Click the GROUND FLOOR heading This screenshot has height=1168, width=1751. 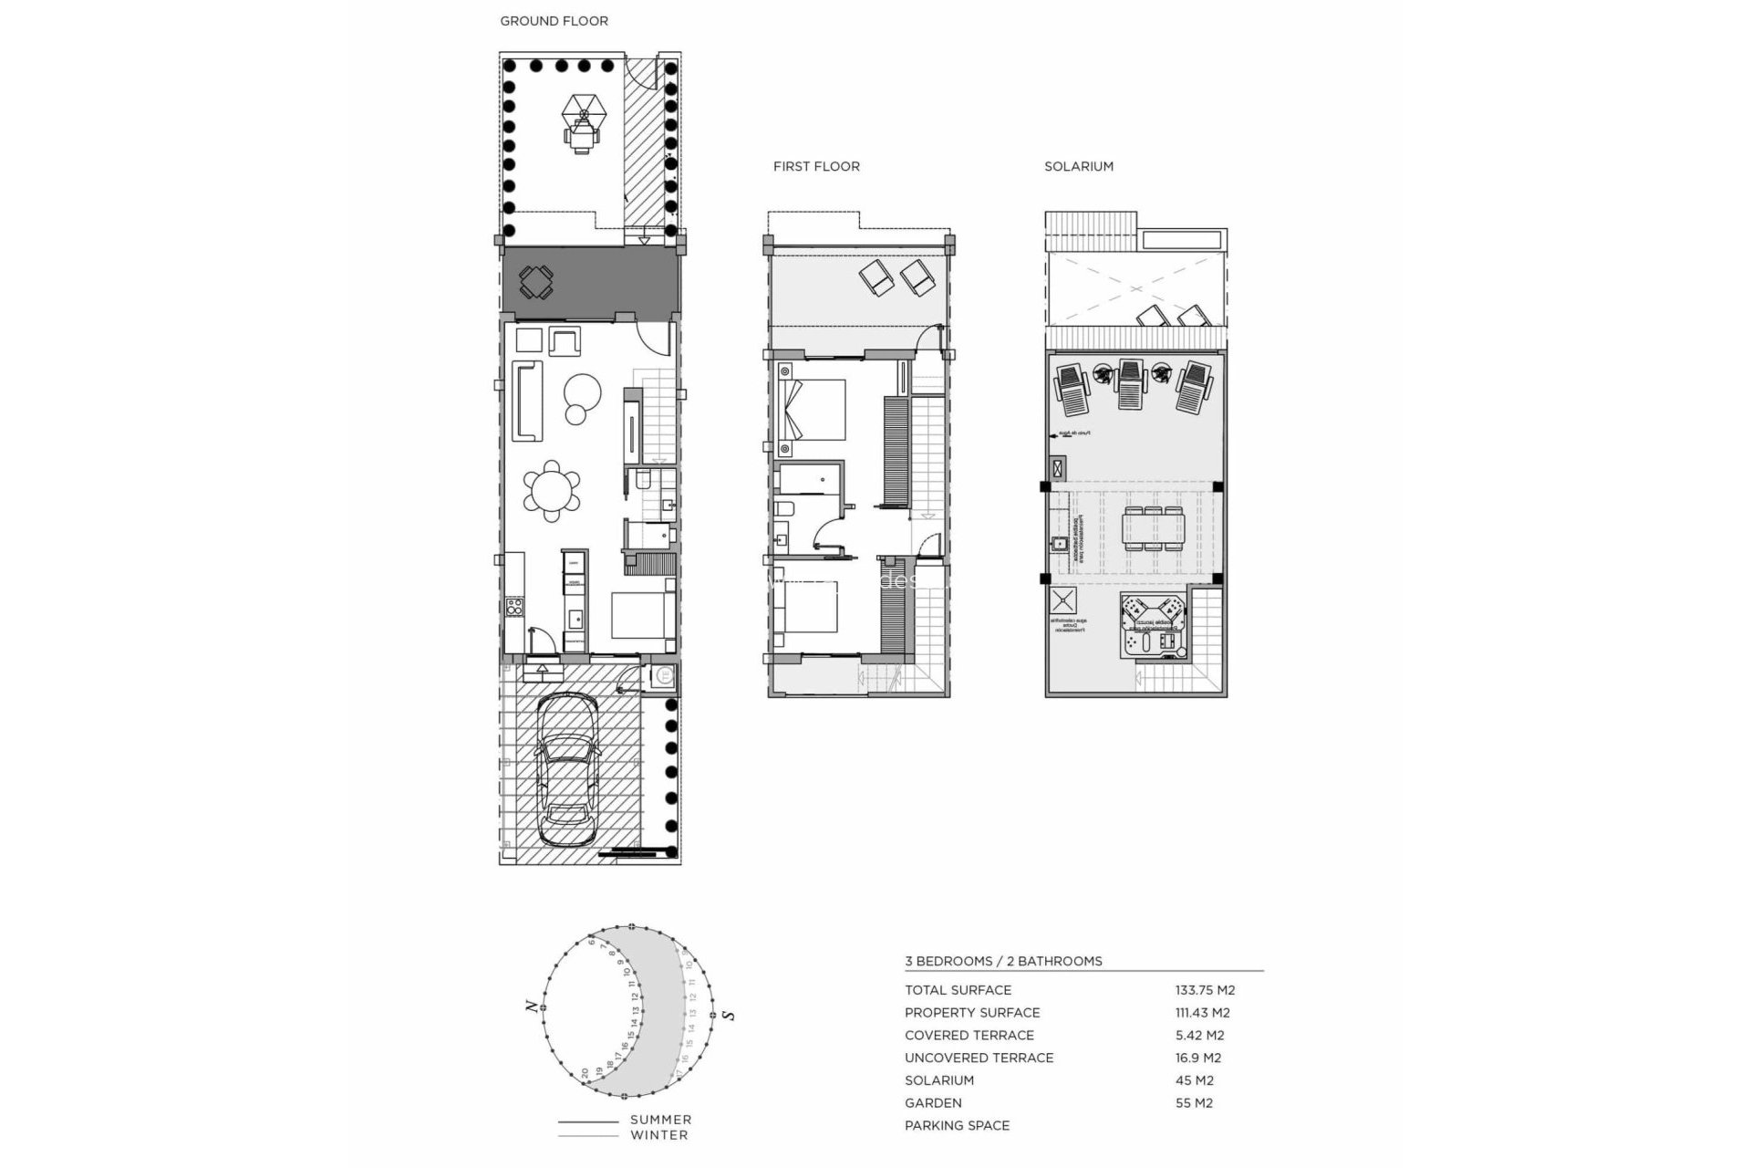point(554,21)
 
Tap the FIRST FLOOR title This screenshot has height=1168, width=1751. point(816,166)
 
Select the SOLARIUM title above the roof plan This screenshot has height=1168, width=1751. point(1079,166)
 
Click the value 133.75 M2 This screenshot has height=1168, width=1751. point(1205,990)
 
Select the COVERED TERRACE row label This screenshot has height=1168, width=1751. point(969,1035)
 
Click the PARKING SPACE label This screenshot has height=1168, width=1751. point(957,1125)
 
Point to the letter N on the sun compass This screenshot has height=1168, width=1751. point(530,1006)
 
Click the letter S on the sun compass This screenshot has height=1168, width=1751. point(728,1015)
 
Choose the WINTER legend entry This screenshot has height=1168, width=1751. point(658,1135)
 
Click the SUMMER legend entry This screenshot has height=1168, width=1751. point(660,1120)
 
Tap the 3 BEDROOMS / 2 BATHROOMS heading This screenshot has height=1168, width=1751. point(1003,961)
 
